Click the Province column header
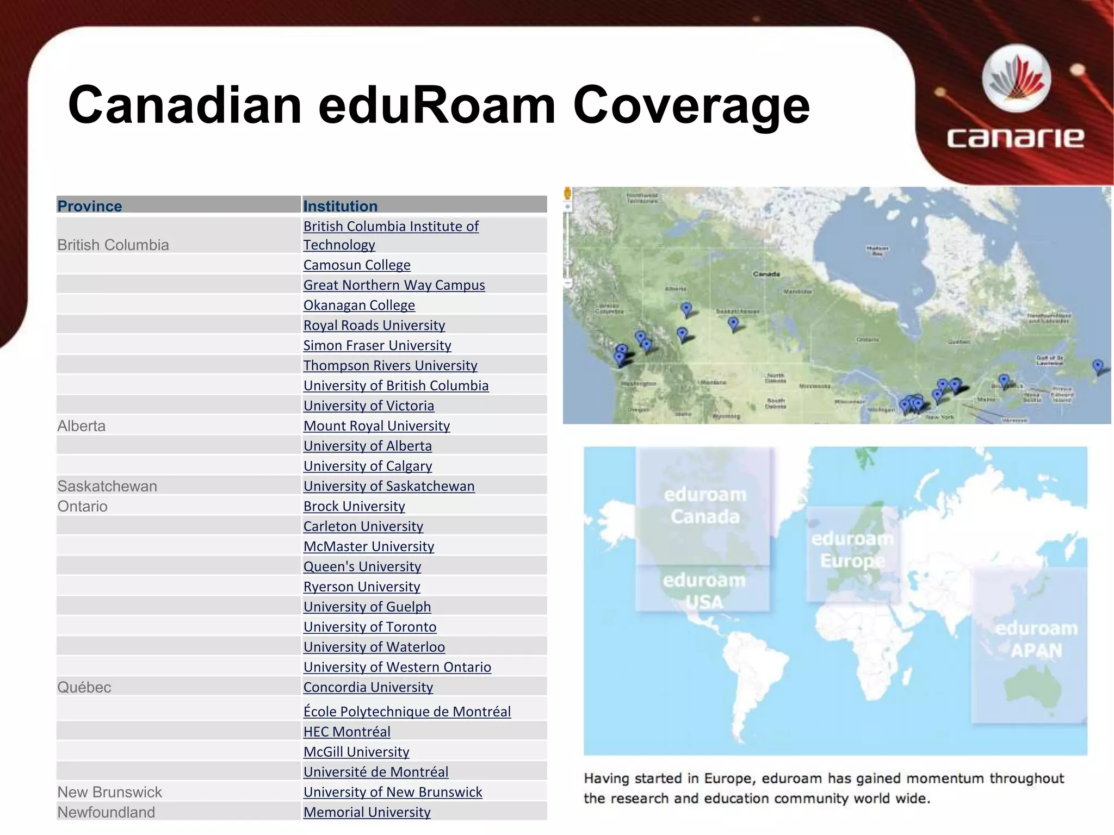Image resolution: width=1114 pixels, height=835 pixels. pos(90,206)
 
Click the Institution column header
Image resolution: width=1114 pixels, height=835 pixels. pos(340,206)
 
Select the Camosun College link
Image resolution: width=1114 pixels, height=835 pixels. pos(357,265)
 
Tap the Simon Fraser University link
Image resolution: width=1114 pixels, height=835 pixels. pos(377,345)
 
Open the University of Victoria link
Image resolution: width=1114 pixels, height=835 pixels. pos(368,406)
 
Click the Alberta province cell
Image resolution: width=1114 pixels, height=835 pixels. pos(82,426)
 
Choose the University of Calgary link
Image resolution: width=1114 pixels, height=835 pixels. pos(367,466)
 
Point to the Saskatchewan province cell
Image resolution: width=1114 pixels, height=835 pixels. pos(107,486)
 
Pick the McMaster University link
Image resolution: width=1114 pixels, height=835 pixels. pos(368,546)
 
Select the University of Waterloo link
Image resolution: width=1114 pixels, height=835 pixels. pos(374,647)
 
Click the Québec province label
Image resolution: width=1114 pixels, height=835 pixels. pos(84,687)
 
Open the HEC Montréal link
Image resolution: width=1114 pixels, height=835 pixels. pos(346,732)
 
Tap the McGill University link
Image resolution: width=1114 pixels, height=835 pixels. pos(356,752)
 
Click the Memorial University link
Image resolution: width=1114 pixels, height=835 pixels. pos(367,812)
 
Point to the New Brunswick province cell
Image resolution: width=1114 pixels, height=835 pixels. pos(109,792)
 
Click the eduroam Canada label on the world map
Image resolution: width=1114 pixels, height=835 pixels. pos(705,506)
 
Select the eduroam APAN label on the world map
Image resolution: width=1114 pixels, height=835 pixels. pos(1036,639)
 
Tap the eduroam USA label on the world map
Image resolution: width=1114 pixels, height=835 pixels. pos(704,591)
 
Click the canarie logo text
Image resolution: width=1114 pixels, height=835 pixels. pos(1015,138)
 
